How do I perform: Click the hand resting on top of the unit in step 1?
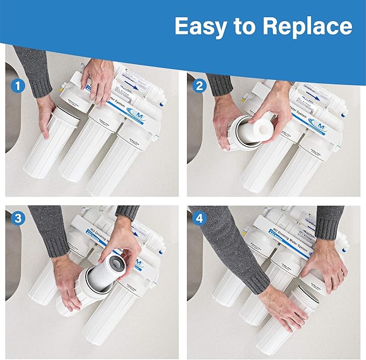pos(97,81)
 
